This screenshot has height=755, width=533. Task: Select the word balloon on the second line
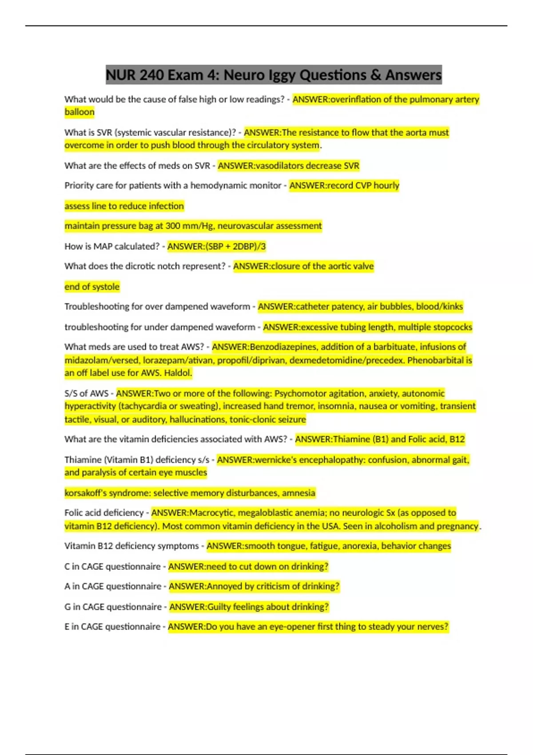click(80, 112)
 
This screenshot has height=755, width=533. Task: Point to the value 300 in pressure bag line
click(173, 226)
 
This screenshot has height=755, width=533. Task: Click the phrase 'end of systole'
click(92, 287)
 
